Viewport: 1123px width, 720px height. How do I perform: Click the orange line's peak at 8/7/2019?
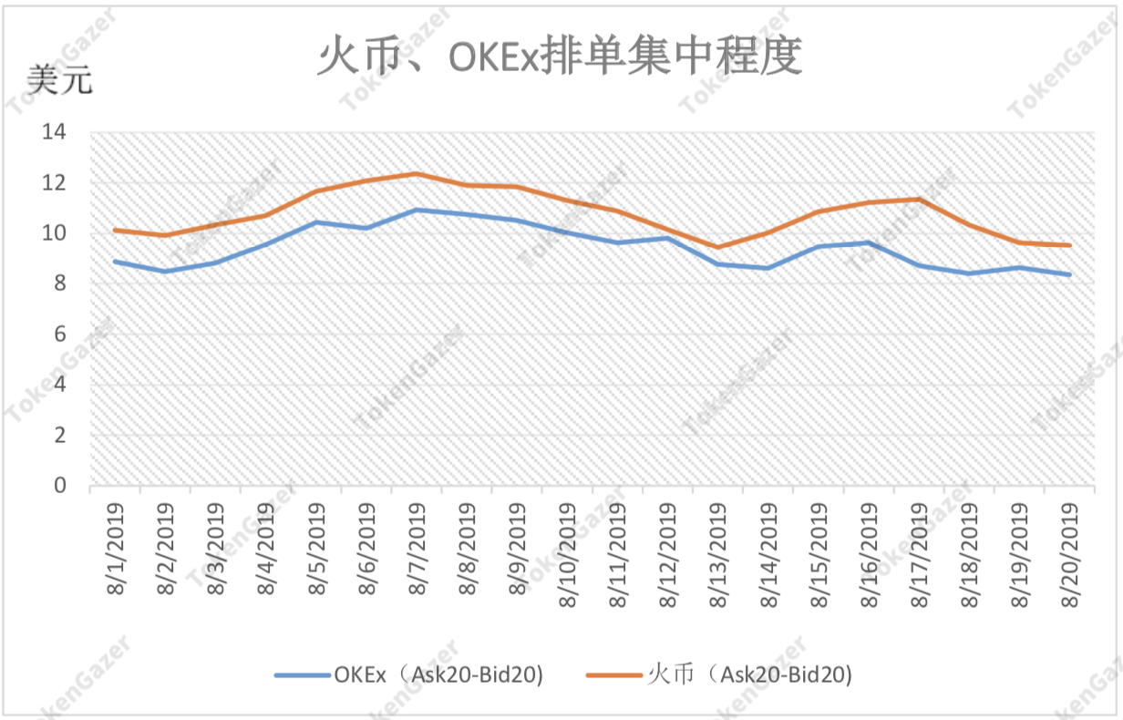coord(417,173)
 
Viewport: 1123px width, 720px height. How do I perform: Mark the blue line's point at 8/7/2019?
coord(417,210)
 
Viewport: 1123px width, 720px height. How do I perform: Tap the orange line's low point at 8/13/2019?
coord(718,247)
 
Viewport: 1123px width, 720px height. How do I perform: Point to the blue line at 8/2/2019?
coord(165,271)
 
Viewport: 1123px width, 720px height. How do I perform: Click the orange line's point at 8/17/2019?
coord(920,199)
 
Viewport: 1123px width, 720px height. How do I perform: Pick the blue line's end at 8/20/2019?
coord(1070,274)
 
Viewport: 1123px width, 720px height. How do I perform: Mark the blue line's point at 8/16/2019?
coord(870,242)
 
